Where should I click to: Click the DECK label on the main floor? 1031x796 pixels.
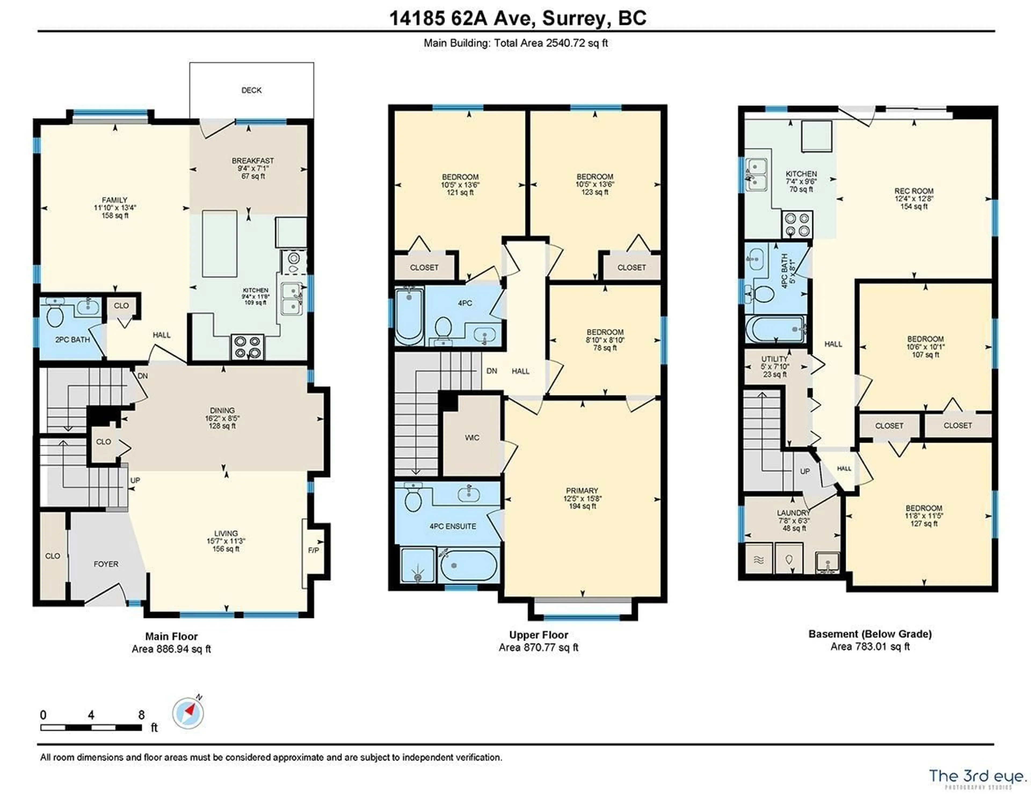251,90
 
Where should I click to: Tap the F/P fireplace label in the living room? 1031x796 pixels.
313,550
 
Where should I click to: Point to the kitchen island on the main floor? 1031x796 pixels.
220,244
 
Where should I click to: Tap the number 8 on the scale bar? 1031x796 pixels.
141,715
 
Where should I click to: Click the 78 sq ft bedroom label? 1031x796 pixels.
605,340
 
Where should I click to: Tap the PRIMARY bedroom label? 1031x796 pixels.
582,491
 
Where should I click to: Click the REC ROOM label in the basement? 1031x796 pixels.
913,191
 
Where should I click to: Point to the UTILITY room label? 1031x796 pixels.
774,359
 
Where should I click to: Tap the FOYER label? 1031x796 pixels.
106,564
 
